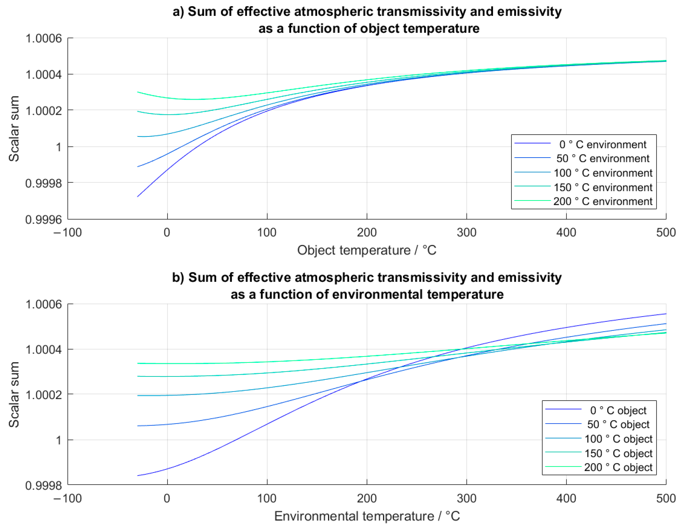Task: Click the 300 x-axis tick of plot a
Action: click(x=466, y=233)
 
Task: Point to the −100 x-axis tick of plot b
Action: click(x=68, y=498)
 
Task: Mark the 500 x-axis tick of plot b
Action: click(x=666, y=498)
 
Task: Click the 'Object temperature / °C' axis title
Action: click(x=366, y=250)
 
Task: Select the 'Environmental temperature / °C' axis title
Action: click(x=366, y=516)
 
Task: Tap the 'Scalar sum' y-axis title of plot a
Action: click(x=14, y=129)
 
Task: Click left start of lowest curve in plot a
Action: click(x=138, y=197)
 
